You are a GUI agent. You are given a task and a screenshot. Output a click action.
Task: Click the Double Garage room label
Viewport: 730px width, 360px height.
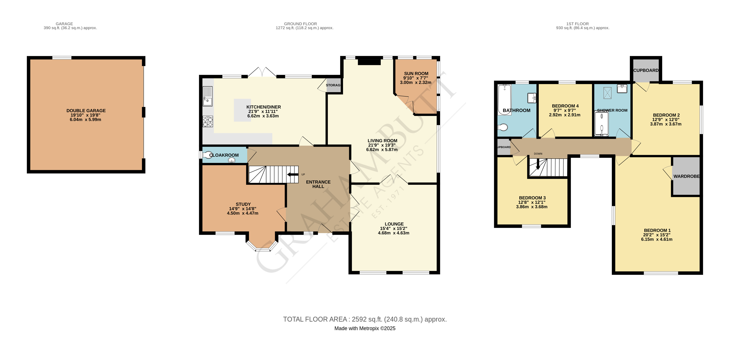86,111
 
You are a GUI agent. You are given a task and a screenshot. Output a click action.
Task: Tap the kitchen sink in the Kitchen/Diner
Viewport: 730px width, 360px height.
208,96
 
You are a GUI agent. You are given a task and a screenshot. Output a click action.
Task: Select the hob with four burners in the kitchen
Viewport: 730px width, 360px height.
208,122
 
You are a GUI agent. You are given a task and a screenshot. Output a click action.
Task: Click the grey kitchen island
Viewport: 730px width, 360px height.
242,110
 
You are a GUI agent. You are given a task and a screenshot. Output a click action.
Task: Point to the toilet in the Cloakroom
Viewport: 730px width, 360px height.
208,155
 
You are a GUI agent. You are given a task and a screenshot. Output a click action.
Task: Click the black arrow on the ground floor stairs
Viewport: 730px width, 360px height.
293,174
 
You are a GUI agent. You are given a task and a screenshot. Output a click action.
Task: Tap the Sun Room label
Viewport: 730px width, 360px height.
416,74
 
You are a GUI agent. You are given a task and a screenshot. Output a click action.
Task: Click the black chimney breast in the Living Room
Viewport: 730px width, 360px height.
369,62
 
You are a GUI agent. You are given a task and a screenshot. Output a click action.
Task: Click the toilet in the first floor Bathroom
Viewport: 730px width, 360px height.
502,128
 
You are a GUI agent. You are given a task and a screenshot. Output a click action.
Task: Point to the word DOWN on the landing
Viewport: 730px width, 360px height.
538,154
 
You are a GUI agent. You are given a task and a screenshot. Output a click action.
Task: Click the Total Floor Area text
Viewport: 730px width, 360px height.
365,319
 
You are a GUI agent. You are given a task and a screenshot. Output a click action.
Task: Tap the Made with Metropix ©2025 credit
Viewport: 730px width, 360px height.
365,329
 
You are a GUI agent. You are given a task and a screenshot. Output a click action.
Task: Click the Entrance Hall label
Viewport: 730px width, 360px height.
318,184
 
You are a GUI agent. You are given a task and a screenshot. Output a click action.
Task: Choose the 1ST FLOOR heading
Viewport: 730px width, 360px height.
577,24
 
